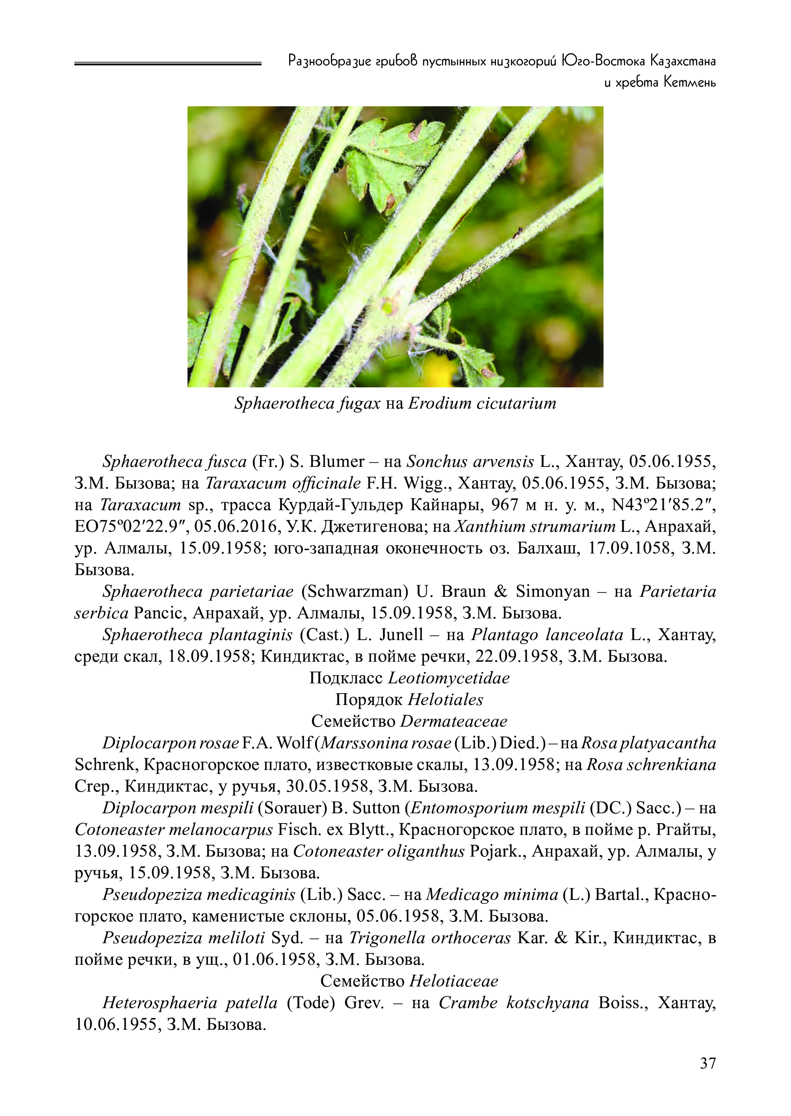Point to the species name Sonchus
[433, 461]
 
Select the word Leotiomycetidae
[449, 679]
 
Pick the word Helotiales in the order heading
[445, 700]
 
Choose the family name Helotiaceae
[453, 982]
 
